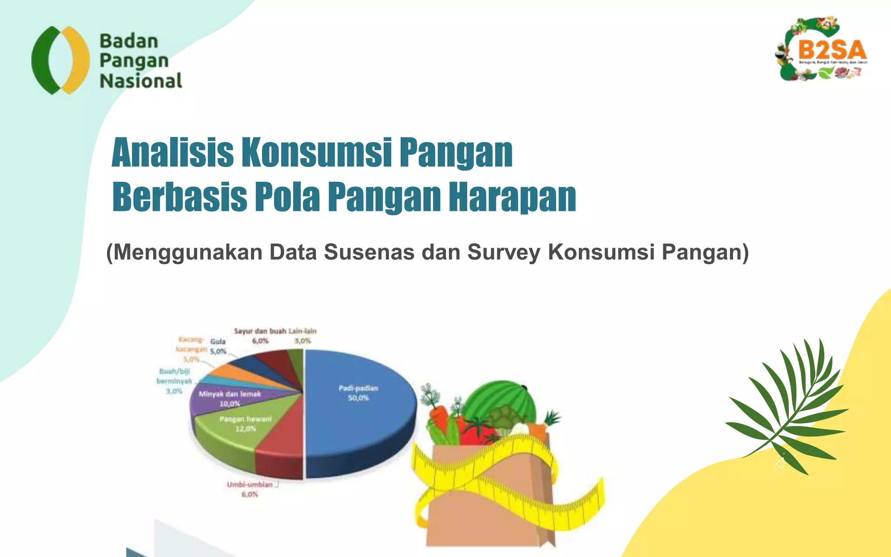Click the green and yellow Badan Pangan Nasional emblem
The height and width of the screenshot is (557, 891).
(x=60, y=60)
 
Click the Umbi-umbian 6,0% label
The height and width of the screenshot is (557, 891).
(x=250, y=489)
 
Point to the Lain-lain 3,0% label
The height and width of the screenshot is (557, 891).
(x=303, y=336)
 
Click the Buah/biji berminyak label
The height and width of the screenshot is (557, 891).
(x=174, y=381)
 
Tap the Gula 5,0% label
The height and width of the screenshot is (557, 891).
(x=218, y=346)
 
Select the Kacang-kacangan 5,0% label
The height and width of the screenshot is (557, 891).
(x=191, y=349)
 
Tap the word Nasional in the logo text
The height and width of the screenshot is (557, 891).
(x=141, y=81)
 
